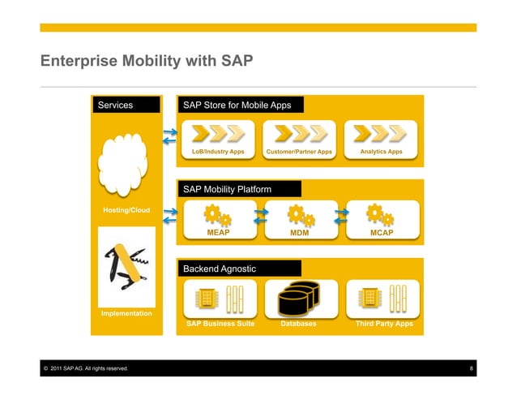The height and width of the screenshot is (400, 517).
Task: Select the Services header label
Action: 115,105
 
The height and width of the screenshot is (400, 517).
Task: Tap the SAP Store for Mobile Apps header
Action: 237,105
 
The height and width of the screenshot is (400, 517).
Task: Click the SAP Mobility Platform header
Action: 227,189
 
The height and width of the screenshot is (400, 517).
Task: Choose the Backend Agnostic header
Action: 220,268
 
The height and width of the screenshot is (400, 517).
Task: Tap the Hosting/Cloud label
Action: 126,211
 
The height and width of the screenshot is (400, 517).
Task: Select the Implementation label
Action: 126,312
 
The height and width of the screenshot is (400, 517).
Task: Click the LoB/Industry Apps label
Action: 217,152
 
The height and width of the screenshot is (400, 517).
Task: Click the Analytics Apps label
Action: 382,152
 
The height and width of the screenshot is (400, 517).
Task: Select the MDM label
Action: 300,233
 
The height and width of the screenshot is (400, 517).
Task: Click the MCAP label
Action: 382,233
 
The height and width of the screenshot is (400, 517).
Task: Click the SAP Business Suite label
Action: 220,324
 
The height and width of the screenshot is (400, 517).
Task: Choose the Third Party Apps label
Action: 384,324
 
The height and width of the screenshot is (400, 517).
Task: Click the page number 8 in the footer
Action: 472,369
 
